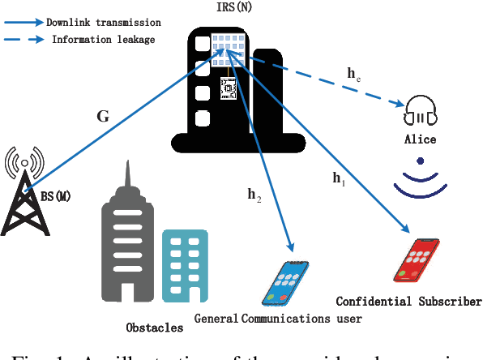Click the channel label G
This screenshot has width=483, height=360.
coord(103,116)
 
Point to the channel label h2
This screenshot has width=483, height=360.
coord(254,195)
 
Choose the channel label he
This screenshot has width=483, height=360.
coord(354,75)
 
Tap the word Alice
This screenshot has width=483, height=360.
coord(420,139)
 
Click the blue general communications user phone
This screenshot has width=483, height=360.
coord(289,281)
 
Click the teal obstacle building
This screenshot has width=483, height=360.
coord(184,261)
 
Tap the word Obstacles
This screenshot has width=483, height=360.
coord(154,328)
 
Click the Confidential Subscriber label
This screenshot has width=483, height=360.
coord(408,302)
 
